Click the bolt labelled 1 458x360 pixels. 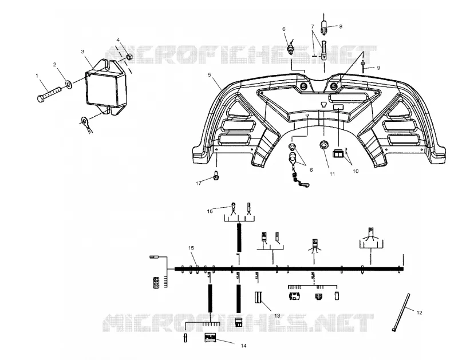coord(49,94)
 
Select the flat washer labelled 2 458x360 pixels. coord(69,85)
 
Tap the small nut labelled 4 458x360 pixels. coord(129,56)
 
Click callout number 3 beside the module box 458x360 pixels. coord(82,52)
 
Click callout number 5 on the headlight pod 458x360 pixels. coord(210,75)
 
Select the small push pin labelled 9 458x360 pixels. coord(363,66)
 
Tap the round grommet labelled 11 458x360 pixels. coord(323,145)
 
